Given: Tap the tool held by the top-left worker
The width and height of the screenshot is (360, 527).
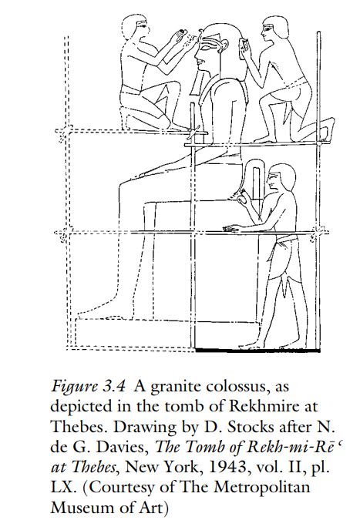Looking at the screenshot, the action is pos(181,33).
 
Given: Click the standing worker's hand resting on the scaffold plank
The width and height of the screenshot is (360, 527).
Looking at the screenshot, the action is pos(231,229).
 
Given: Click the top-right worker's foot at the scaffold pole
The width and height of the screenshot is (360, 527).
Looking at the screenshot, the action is pos(327,129).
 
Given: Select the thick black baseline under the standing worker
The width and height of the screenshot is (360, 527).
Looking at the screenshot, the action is pos(257,351).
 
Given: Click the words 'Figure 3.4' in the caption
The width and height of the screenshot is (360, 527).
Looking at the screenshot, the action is pos(88,387).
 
